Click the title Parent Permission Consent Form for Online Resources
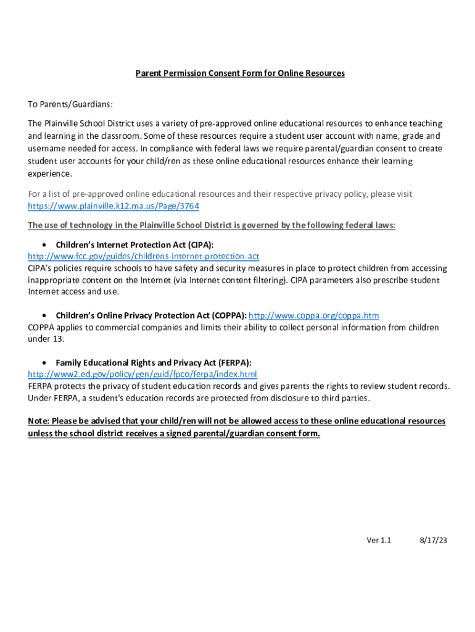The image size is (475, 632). pos(240,73)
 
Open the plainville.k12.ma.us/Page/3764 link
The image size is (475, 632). pos(114,206)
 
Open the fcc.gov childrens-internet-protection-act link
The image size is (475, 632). pos(143,256)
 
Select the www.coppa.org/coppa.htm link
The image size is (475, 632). pos(313,315)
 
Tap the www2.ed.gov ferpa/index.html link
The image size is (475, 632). pos(142,375)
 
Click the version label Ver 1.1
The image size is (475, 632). pos(379,540)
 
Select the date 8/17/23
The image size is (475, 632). pos(433,540)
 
